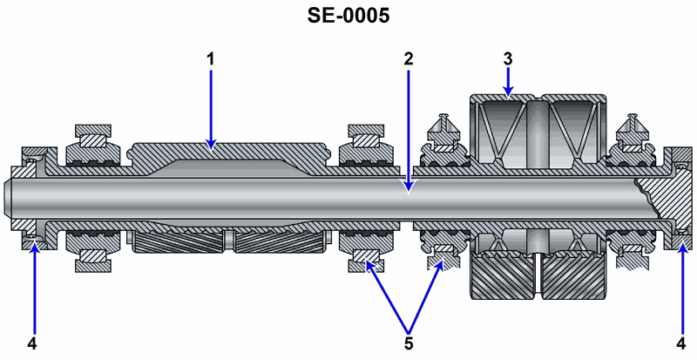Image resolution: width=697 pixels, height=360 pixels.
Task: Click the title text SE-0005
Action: click(x=348, y=17)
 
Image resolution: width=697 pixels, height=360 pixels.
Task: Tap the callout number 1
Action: click(x=209, y=60)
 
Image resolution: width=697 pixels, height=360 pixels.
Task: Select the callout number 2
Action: click(x=408, y=60)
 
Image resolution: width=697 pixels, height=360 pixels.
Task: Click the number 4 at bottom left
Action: click(x=32, y=343)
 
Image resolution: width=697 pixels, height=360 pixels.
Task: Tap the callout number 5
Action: click(x=408, y=343)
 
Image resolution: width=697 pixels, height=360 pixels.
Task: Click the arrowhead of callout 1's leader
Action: click(x=209, y=143)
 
